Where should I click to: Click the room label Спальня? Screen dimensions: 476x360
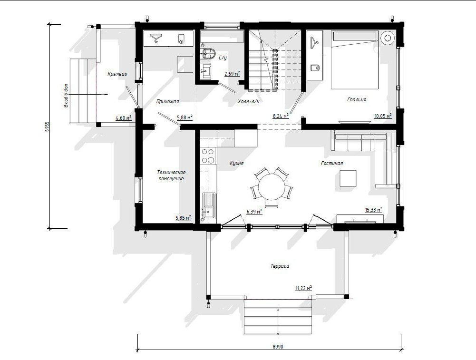click(357, 99)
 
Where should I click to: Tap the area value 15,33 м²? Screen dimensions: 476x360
click(373, 209)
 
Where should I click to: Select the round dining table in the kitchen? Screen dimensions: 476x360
click(272, 186)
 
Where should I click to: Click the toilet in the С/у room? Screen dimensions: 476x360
click(208, 53)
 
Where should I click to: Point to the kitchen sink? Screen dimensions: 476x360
click(209, 205)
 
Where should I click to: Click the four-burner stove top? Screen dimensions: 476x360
click(208, 156)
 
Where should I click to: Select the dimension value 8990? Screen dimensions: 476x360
click(278, 347)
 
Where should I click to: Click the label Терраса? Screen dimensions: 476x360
click(280, 266)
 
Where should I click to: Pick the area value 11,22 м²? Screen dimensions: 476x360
click(303, 288)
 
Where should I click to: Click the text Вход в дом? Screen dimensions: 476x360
click(66, 96)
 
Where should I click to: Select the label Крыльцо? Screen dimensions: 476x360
click(117, 74)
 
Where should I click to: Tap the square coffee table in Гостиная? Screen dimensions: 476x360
click(348, 178)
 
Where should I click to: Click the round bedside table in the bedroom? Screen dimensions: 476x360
click(388, 38)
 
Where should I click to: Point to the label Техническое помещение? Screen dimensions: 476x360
click(171, 175)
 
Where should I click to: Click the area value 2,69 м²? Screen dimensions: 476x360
click(232, 73)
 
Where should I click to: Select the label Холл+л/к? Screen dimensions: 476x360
click(248, 101)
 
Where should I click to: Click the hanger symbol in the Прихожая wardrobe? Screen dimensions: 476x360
click(155, 38)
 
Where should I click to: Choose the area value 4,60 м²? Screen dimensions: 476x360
click(124, 118)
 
